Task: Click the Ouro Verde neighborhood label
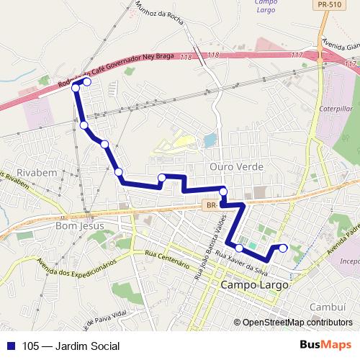pos(235,166)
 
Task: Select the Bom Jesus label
pos(80,226)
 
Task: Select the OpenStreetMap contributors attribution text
pos(297,323)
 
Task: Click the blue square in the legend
pos(11,346)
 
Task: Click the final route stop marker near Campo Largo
pos(283,248)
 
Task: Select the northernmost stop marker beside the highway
pos(87,82)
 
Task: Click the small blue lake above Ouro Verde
pos(209,140)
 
